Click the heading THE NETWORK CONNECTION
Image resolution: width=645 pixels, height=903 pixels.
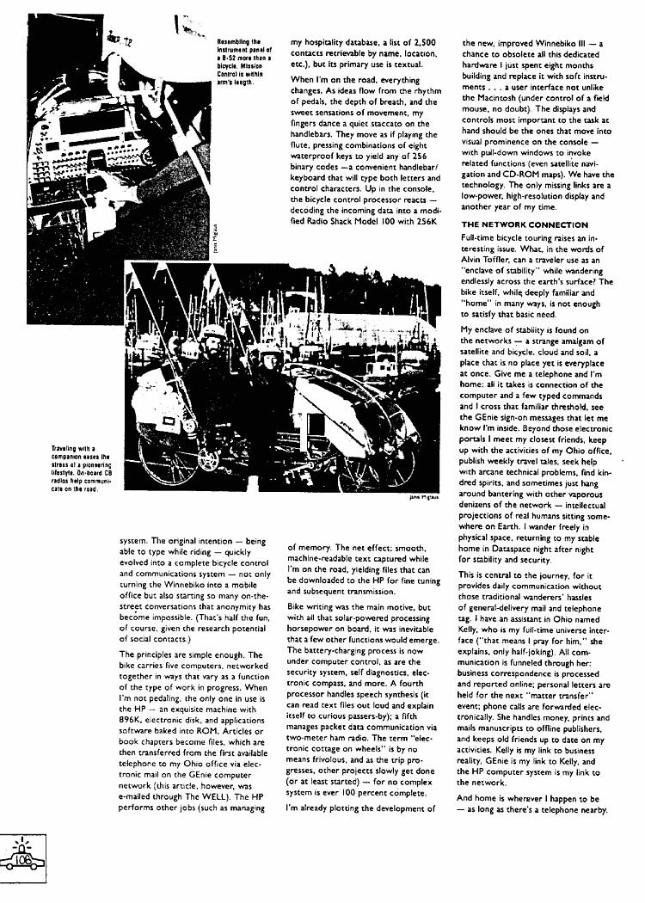[525, 224]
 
